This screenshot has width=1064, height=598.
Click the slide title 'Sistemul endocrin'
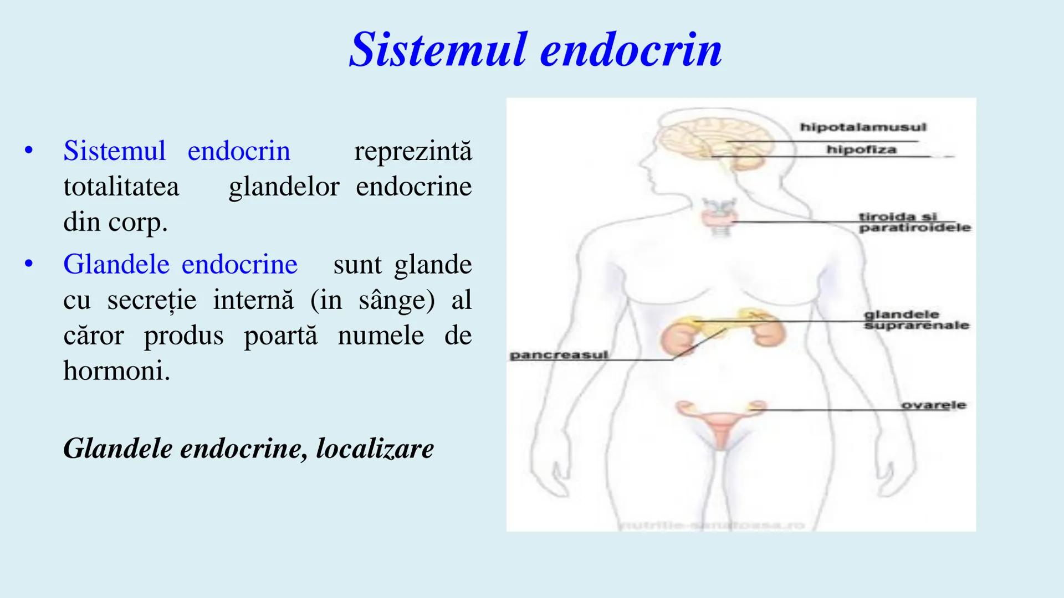click(x=535, y=50)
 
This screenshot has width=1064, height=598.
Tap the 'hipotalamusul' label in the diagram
click(x=863, y=127)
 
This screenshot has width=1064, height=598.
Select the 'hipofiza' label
click(x=861, y=149)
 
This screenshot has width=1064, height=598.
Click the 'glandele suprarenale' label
click(x=915, y=320)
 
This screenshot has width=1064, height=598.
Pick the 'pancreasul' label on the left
click(x=559, y=355)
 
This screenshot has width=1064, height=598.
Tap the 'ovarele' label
click(x=933, y=405)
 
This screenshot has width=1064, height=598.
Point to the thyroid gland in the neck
click(x=719, y=217)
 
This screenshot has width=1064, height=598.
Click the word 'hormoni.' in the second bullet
click(x=116, y=370)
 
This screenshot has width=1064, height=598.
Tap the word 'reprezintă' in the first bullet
click(x=413, y=151)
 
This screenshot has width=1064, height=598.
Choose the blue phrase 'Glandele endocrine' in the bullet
click(x=180, y=264)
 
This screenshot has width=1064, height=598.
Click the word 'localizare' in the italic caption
click(x=375, y=448)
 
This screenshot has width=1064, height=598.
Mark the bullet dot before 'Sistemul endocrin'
click(x=29, y=150)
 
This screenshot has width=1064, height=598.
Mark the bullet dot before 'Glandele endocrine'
click(x=29, y=264)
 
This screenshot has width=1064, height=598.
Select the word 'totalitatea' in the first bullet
click(x=121, y=186)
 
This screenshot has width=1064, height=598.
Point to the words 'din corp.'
click(x=115, y=221)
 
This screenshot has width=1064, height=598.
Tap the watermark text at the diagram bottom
click(x=712, y=525)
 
